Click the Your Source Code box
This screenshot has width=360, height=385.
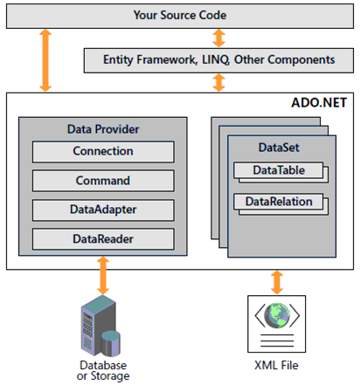[179, 15]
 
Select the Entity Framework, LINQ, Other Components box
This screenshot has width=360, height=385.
[218, 60]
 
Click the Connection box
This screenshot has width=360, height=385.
[103, 151]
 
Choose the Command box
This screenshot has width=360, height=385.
[103, 181]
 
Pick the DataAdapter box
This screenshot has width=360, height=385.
[103, 210]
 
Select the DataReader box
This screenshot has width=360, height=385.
[103, 238]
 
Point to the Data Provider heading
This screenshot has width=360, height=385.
[103, 128]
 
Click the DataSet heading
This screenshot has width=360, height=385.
[279, 148]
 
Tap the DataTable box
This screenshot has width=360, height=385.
[279, 171]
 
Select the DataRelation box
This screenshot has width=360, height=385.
[279, 203]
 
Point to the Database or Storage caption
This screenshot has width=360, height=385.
[104, 369]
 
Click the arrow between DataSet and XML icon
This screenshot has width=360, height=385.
[279, 282]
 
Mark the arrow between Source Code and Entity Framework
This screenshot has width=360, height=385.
[219, 38]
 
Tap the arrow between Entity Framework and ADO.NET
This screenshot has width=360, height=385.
[219, 82]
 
